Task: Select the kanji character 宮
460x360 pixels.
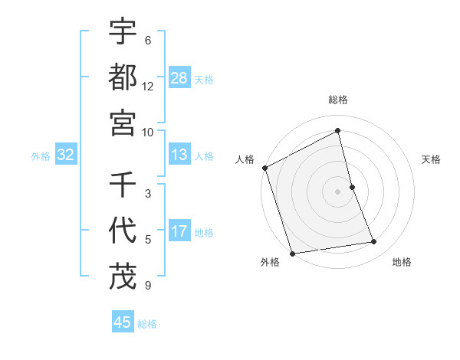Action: (123, 123)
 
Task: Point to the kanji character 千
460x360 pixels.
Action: (123, 185)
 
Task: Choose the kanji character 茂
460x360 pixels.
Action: (123, 276)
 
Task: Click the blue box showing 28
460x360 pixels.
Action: (179, 77)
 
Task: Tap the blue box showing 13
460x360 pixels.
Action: (179, 155)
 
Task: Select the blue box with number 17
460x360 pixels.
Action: (179, 231)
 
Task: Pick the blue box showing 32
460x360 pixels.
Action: (66, 155)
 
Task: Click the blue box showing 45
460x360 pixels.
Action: (123, 322)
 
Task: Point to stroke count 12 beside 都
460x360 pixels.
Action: (148, 86)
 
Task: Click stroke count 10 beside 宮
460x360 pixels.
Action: (148, 132)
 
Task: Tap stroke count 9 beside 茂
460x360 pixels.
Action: (148, 286)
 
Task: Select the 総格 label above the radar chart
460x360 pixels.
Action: (338, 100)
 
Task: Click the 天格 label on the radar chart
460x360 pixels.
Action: (431, 159)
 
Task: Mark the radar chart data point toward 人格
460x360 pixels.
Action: (265, 168)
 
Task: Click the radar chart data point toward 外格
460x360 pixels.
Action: (292, 253)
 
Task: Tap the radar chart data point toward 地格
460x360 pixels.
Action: (374, 242)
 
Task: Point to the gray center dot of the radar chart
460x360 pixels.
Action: (338, 191)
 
